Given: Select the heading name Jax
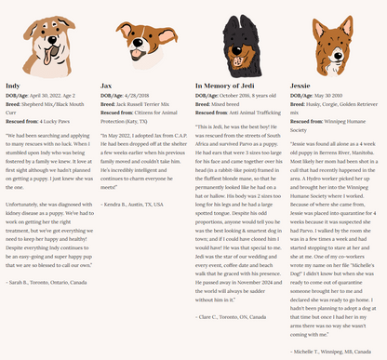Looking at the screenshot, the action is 107,85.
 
